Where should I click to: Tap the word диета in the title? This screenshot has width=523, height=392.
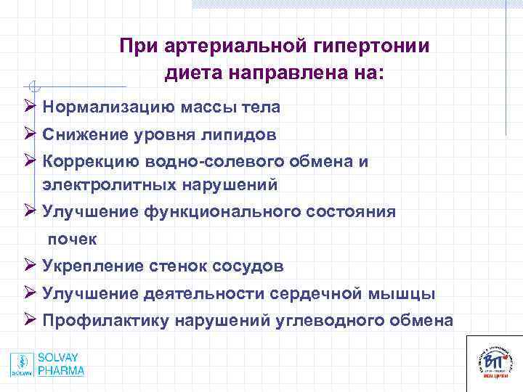click(194, 73)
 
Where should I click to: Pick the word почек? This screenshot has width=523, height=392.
click(72, 239)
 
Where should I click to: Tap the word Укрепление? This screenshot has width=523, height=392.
click(92, 266)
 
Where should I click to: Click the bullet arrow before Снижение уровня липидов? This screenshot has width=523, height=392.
click(29, 134)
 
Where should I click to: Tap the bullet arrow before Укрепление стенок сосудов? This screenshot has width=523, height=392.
click(29, 266)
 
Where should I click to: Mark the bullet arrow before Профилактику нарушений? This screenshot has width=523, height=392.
click(29, 320)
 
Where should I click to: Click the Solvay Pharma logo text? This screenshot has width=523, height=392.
click(62, 364)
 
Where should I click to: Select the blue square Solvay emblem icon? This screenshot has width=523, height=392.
click(22, 364)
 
